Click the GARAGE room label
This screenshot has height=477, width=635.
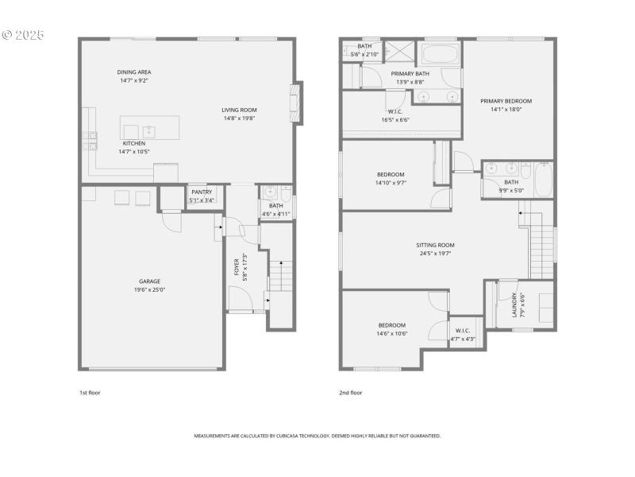(x=150, y=281)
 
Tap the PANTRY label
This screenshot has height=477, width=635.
(x=202, y=192)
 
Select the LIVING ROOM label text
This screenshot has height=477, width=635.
(x=239, y=110)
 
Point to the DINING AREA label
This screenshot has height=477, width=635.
(x=134, y=72)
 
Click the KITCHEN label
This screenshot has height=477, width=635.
(x=133, y=143)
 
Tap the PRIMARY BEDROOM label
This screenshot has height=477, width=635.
(x=506, y=101)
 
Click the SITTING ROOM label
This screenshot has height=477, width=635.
(x=436, y=245)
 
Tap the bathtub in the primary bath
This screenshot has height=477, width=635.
(x=439, y=55)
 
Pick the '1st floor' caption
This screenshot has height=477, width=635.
(x=90, y=393)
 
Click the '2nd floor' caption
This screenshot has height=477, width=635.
(x=351, y=393)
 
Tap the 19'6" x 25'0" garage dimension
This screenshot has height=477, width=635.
(x=150, y=289)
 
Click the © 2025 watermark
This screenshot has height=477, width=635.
(x=24, y=35)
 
